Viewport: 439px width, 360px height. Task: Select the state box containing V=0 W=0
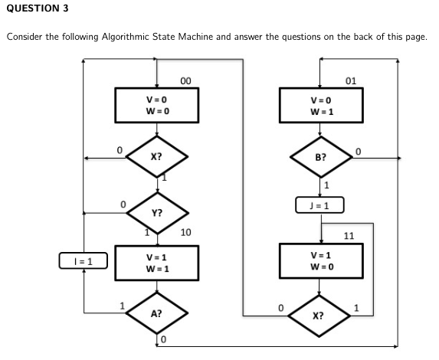(x=156, y=105)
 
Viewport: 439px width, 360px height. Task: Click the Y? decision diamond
(x=156, y=212)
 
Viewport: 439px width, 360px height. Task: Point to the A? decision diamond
(x=156, y=314)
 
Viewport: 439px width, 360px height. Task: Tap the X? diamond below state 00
(x=156, y=158)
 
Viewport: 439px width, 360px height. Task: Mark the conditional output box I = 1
(x=83, y=261)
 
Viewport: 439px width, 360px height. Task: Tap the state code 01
(x=351, y=80)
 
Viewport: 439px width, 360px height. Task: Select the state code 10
(x=185, y=232)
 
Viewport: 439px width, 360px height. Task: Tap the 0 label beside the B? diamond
(x=357, y=151)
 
